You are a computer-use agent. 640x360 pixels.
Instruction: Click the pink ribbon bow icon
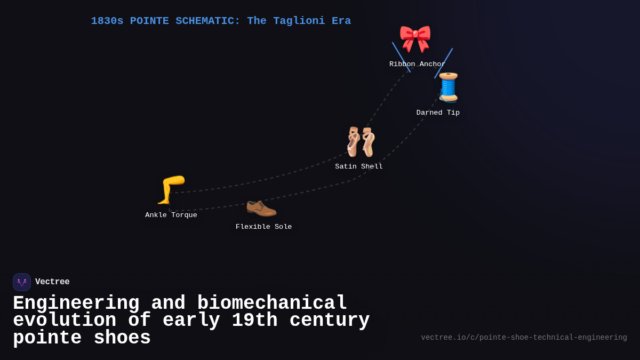tap(415, 38)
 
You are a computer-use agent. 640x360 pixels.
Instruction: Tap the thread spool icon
tap(448, 87)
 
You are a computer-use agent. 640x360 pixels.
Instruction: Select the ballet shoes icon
tap(360, 141)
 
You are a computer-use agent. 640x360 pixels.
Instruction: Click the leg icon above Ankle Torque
tap(171, 189)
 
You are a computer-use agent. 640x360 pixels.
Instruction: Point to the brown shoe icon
tap(261, 206)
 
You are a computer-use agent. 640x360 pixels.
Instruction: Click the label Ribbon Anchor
tap(417, 65)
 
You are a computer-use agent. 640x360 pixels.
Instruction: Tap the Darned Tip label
tap(438, 113)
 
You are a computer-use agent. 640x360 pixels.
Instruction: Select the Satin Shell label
tap(359, 167)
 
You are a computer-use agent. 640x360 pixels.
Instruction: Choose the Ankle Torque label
tap(171, 215)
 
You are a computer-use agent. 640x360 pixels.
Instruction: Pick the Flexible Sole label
tap(264, 227)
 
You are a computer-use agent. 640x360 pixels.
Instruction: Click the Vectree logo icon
tap(22, 282)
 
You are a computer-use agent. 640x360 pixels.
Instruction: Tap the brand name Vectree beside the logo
tap(52, 282)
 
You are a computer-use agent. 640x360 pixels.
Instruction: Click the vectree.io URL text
tap(524, 338)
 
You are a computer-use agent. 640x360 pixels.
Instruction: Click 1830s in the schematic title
tap(107, 21)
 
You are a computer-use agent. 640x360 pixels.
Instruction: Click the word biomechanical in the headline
tap(272, 303)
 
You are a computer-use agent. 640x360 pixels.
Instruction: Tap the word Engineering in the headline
tap(76, 303)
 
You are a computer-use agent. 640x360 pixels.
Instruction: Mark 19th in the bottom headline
tap(254, 321)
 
